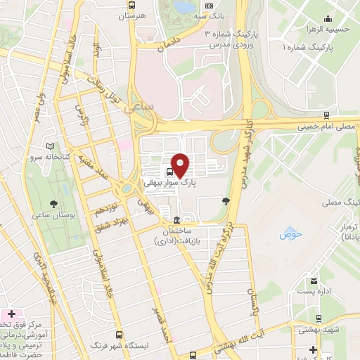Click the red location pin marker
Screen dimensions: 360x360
point(181,165)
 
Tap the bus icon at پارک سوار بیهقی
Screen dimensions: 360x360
point(171,171)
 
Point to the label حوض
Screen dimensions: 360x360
point(290,233)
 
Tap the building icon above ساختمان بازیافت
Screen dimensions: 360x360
point(175,220)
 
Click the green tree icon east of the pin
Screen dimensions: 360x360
point(226,201)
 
